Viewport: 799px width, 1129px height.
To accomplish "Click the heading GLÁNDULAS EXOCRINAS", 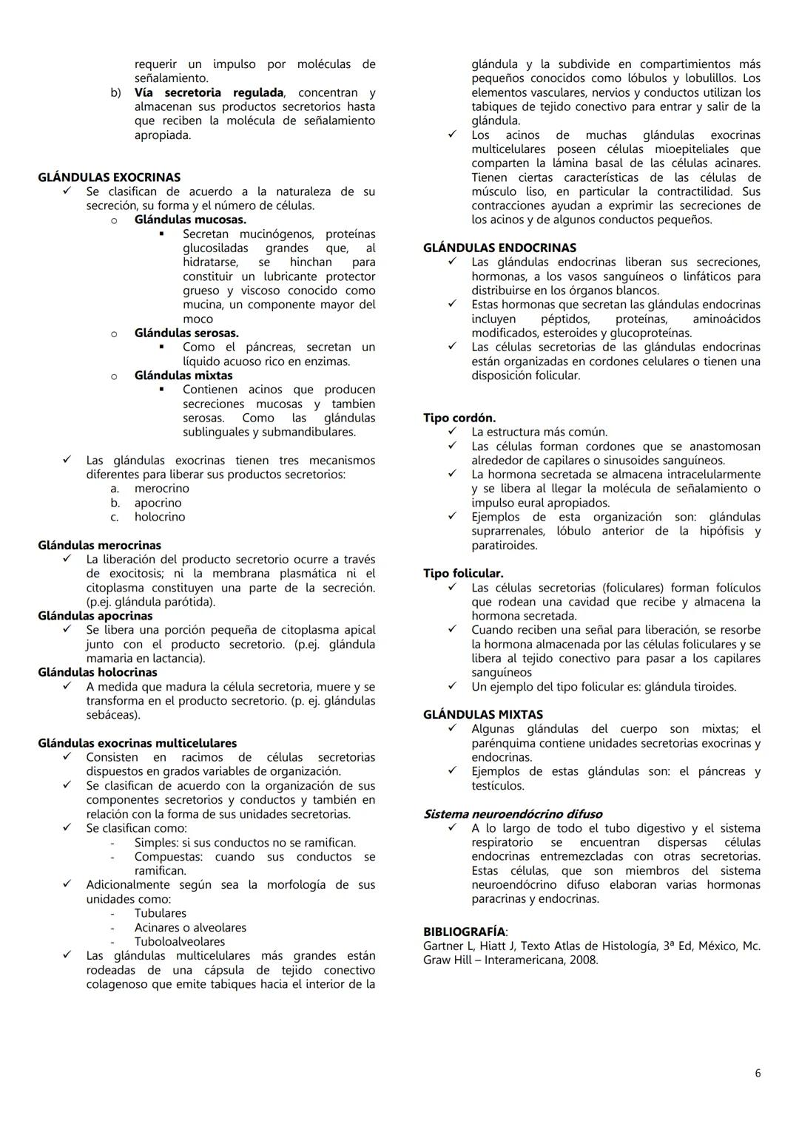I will pyautogui.click(x=109, y=177).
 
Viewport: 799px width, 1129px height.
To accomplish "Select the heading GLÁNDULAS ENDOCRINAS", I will pyautogui.click(x=499, y=248).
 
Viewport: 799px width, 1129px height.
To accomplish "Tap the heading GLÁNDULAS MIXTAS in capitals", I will pyautogui.click(x=482, y=715).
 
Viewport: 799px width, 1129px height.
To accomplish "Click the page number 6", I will pyautogui.click(x=757, y=1073).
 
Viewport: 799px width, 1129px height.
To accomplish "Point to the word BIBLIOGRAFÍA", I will pyautogui.click(x=464, y=932).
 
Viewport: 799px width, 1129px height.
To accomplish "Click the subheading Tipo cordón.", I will pyautogui.click(x=459, y=418).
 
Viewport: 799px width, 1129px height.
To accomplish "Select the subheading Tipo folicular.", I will pyautogui.click(x=463, y=574).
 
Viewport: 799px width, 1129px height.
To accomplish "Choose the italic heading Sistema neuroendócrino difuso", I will pyautogui.click(x=512, y=814).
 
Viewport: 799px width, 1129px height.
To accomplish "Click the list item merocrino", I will pyautogui.click(x=161, y=489).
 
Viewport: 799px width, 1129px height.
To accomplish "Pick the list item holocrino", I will pyautogui.click(x=160, y=517).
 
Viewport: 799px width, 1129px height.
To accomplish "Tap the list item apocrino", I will pyautogui.click(x=158, y=503).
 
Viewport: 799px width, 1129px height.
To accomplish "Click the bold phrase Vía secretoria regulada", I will pyautogui.click(x=209, y=93).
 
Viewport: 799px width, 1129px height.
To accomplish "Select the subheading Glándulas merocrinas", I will pyautogui.click(x=99, y=546).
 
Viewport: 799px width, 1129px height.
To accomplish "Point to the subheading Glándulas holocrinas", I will pyautogui.click(x=98, y=673).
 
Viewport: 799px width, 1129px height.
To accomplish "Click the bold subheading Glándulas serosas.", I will pyautogui.click(x=186, y=333).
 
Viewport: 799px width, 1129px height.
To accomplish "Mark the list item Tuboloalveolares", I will pyautogui.click(x=179, y=942).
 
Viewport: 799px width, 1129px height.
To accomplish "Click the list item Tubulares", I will pyautogui.click(x=160, y=914).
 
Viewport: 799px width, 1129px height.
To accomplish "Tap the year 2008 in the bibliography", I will pyautogui.click(x=584, y=960).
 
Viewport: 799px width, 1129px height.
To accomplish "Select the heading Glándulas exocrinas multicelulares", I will pyautogui.click(x=137, y=743).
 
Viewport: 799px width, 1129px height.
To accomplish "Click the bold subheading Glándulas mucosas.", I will pyautogui.click(x=190, y=220).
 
